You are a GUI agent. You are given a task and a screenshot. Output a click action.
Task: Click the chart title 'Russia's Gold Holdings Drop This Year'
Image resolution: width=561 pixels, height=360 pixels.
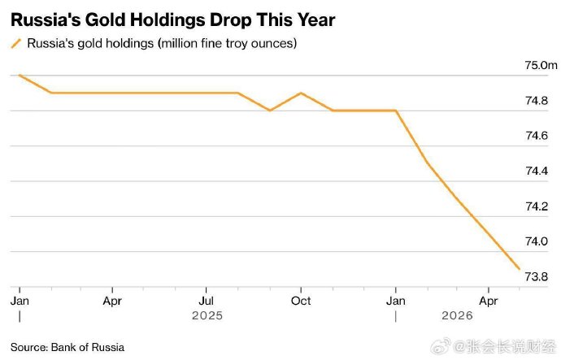(x=173, y=20)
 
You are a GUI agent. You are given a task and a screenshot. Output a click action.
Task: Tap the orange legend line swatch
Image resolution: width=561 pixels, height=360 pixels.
(x=16, y=44)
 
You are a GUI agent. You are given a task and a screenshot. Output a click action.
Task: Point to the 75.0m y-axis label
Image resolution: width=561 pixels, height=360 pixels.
(x=541, y=66)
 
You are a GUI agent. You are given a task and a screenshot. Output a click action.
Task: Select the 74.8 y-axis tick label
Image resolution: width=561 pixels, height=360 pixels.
(x=537, y=101)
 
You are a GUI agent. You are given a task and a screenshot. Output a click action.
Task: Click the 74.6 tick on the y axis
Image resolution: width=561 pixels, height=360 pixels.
(x=537, y=136)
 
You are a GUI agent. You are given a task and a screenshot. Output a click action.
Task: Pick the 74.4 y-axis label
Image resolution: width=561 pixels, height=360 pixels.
(x=537, y=171)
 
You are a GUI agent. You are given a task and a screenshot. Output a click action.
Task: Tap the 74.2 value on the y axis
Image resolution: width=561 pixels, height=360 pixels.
(x=537, y=206)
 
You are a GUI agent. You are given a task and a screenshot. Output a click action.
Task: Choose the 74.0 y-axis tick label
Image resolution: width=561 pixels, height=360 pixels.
(x=537, y=241)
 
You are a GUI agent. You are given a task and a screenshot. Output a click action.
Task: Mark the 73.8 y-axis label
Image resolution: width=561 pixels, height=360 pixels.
(x=537, y=276)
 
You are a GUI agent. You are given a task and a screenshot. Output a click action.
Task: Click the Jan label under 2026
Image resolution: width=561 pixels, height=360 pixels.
(x=396, y=301)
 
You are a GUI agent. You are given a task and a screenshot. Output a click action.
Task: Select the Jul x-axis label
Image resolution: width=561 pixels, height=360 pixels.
(x=206, y=301)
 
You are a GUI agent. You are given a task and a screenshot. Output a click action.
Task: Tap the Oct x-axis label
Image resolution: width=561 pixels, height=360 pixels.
(x=301, y=301)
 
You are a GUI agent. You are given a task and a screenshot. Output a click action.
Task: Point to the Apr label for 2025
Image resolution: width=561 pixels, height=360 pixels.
(x=112, y=301)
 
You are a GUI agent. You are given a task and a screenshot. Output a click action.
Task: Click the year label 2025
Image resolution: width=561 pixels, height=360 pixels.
(x=207, y=315)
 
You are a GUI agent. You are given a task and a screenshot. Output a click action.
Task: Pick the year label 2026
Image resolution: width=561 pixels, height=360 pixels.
(x=457, y=315)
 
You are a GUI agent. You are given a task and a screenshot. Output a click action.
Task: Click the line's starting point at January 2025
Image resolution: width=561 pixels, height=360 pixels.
(x=20, y=75)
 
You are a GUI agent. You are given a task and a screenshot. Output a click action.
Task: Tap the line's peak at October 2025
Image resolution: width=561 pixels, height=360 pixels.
(x=302, y=93)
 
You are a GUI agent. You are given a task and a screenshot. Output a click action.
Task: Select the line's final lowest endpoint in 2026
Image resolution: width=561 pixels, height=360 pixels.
(x=520, y=269)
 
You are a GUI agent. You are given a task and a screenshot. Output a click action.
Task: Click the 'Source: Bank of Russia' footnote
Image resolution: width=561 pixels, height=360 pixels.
(x=67, y=348)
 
